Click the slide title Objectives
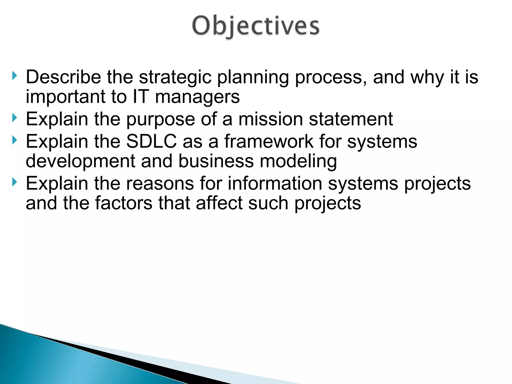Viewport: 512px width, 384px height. click(x=256, y=26)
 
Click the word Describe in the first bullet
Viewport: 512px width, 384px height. click(x=63, y=77)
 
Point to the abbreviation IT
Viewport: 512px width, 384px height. click(x=141, y=97)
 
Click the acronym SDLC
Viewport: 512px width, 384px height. click(x=151, y=141)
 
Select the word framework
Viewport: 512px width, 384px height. click(x=269, y=141)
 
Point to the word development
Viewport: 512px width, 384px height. click(x=80, y=161)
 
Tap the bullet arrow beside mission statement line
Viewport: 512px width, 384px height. click(x=14, y=117)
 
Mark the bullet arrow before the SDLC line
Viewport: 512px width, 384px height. click(x=14, y=140)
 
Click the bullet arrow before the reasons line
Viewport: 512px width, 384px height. click(x=14, y=182)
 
